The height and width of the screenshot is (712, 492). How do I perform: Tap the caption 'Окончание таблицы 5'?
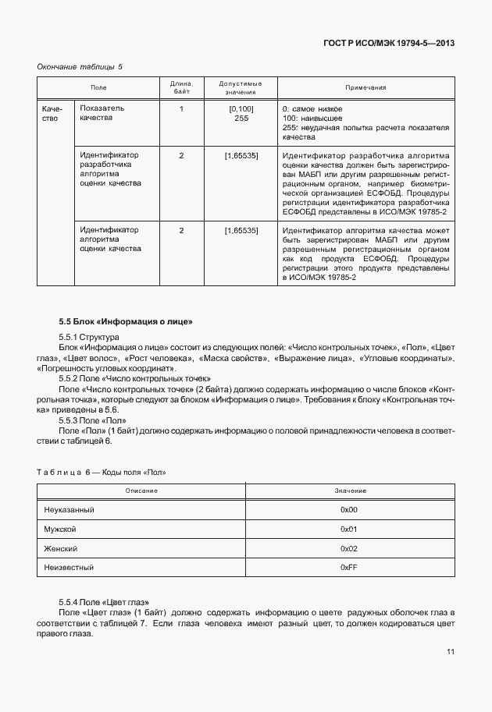click(80, 67)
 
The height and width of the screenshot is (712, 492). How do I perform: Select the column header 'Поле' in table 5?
click(98, 88)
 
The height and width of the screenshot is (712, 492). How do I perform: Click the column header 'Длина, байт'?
click(181, 88)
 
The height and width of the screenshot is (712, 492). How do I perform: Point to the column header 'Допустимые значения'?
click(241, 88)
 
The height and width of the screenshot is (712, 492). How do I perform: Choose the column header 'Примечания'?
click(365, 88)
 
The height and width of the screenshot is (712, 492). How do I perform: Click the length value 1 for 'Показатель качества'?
click(181, 108)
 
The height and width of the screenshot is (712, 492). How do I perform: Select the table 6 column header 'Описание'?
click(141, 491)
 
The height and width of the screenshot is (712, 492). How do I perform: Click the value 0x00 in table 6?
click(348, 509)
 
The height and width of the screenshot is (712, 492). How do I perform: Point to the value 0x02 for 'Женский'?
click(348, 548)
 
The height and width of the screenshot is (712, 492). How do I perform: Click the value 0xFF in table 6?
click(348, 568)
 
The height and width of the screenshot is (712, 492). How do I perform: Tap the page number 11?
click(451, 652)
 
